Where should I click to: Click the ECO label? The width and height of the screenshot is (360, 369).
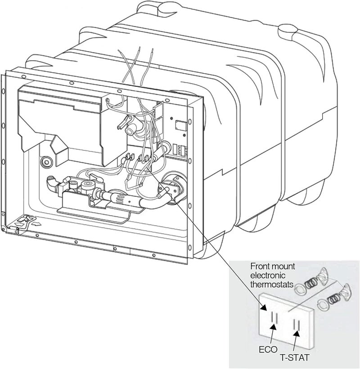268,350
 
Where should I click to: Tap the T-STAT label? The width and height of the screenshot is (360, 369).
294,358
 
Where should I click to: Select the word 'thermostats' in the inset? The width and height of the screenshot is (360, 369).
272,285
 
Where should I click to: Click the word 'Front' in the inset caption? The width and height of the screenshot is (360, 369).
259,267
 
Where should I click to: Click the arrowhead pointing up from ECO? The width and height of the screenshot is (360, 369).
274,327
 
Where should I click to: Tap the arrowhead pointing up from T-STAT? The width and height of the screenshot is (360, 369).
297,333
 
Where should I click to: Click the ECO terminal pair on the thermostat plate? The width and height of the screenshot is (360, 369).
274,317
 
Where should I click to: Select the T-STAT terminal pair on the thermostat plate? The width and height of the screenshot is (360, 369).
297,325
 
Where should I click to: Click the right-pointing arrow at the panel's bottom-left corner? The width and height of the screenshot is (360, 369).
36,223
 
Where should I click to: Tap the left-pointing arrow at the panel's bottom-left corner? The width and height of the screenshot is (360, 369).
19,225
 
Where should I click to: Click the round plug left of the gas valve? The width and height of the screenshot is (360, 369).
46,162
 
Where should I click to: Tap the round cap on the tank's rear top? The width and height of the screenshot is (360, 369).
285,30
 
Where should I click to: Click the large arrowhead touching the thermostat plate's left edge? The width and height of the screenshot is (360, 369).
263,307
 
